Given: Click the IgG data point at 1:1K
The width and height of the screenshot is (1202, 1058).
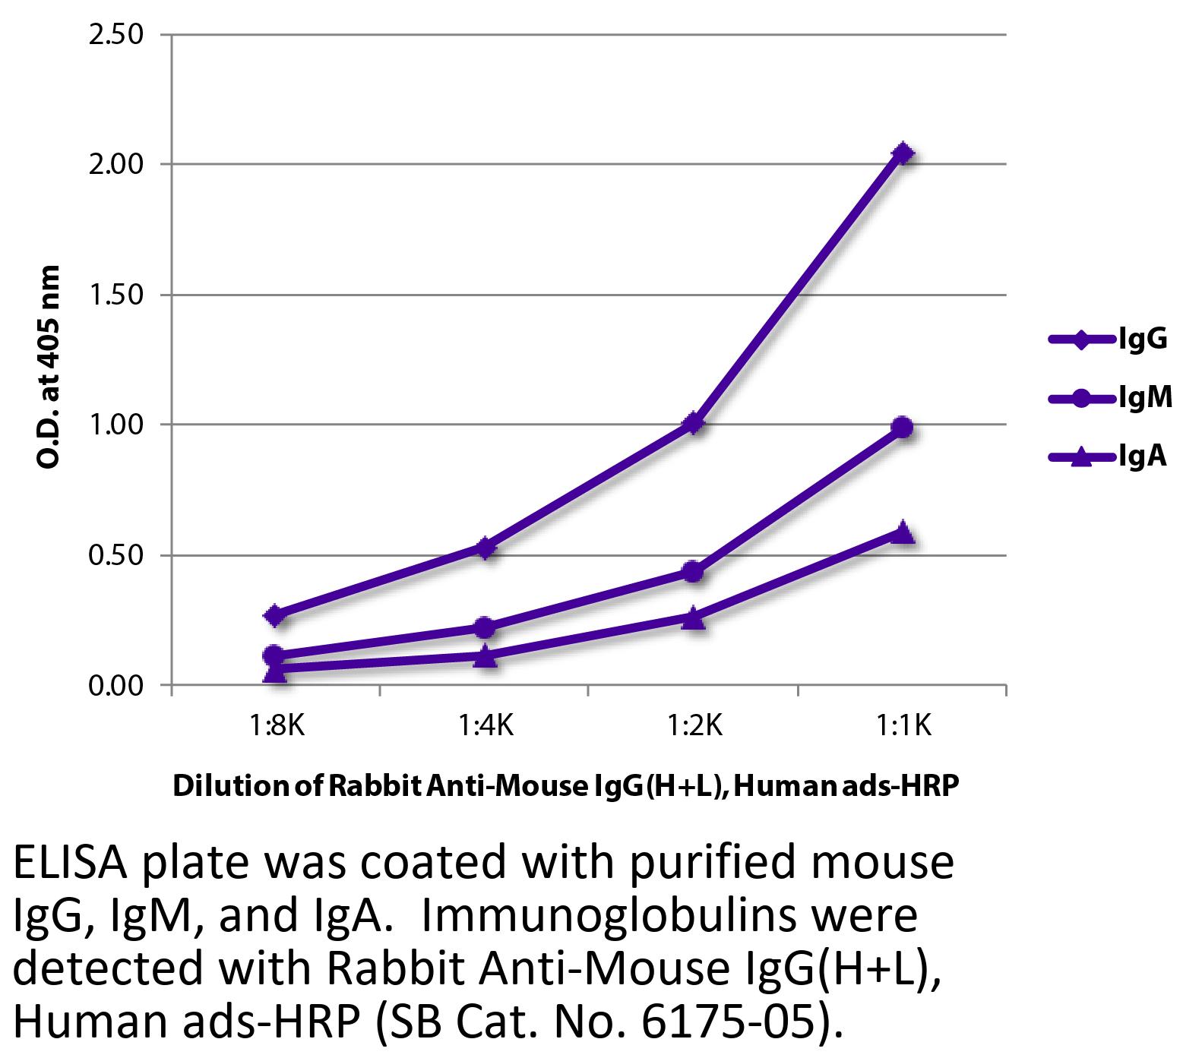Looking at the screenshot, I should coord(903,154).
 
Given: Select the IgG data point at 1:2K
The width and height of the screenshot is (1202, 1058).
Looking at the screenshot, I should coord(693,423).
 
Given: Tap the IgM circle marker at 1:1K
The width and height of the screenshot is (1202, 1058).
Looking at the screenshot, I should coord(903,427).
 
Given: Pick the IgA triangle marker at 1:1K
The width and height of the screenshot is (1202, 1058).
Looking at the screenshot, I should coord(903,532).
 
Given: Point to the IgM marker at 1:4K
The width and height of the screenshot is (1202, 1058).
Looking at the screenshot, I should coord(485,627).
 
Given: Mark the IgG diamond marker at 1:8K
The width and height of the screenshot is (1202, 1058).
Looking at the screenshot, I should coord(276,615).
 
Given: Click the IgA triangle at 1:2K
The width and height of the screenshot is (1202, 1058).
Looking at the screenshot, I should coord(693,618).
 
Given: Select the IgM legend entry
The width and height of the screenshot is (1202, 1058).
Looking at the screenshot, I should coord(1109,397).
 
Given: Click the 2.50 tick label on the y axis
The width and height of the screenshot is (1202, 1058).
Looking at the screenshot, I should coord(116,35).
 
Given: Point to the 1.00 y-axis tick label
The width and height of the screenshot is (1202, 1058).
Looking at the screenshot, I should coord(116,425).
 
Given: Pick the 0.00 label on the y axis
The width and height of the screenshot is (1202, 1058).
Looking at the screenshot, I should coord(116,686).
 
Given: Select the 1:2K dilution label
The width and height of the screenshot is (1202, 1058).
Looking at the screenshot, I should coord(694,727).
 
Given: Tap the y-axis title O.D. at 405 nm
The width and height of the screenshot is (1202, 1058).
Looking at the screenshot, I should coord(48,367).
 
